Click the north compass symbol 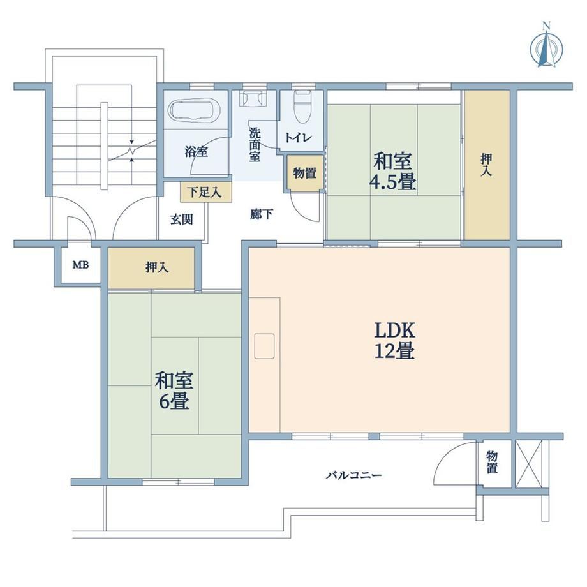[x=547, y=48]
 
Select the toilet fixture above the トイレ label [x=302, y=107]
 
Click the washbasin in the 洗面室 [x=254, y=98]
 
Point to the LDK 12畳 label [x=394, y=341]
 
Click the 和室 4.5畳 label [x=392, y=172]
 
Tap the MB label [x=80, y=265]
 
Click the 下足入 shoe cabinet [x=205, y=192]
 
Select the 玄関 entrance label [x=182, y=219]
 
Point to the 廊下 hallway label [x=262, y=214]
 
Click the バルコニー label [x=353, y=475]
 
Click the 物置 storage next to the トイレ [x=305, y=173]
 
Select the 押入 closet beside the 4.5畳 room [x=487, y=165]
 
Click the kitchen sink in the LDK [x=264, y=346]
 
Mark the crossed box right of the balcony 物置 [x=528, y=464]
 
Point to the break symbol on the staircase [x=132, y=151]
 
